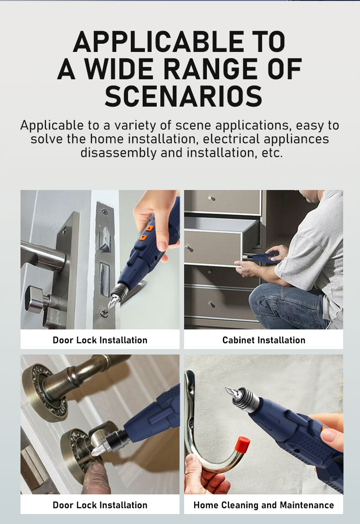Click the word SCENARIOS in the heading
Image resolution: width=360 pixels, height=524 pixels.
(183, 96)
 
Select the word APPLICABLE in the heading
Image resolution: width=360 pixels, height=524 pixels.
(159, 41)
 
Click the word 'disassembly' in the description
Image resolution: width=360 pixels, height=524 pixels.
(118, 153)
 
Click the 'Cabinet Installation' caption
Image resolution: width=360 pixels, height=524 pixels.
(264, 340)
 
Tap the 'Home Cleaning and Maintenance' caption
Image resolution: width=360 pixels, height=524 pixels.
(264, 505)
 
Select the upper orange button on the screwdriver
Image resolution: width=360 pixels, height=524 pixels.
(149, 228)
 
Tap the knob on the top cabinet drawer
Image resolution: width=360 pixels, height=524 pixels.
(211, 199)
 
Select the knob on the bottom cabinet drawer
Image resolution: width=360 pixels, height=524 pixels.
(211, 304)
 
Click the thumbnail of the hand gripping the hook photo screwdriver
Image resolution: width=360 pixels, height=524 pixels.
(329, 436)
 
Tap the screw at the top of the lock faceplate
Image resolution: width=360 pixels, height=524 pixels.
(105, 211)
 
